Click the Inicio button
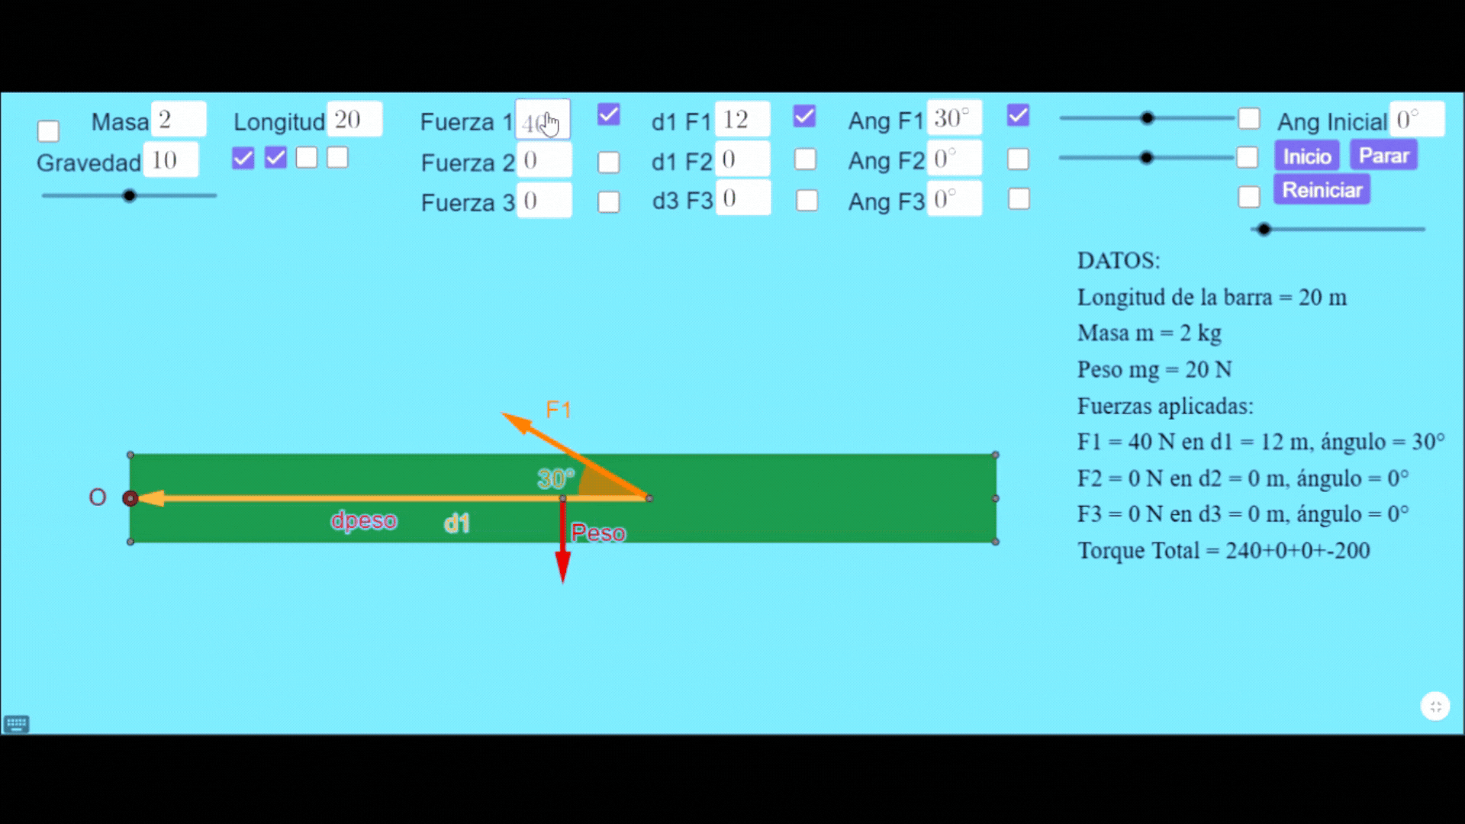[1306, 156]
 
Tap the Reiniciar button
[1322, 190]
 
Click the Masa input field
[179, 120]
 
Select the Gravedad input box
[171, 160]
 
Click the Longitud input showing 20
[354, 120]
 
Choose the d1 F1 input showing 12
[742, 120]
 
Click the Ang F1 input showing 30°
[954, 118]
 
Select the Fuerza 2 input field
[544, 160]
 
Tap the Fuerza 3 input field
[544, 201]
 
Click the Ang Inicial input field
[1416, 120]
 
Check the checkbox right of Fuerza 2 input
[608, 162]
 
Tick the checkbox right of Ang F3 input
[1019, 199]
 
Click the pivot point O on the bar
[130, 498]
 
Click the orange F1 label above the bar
[558, 410]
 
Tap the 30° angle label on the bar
[555, 478]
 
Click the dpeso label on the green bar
[364, 520]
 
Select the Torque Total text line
[1223, 550]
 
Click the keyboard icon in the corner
[16, 723]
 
